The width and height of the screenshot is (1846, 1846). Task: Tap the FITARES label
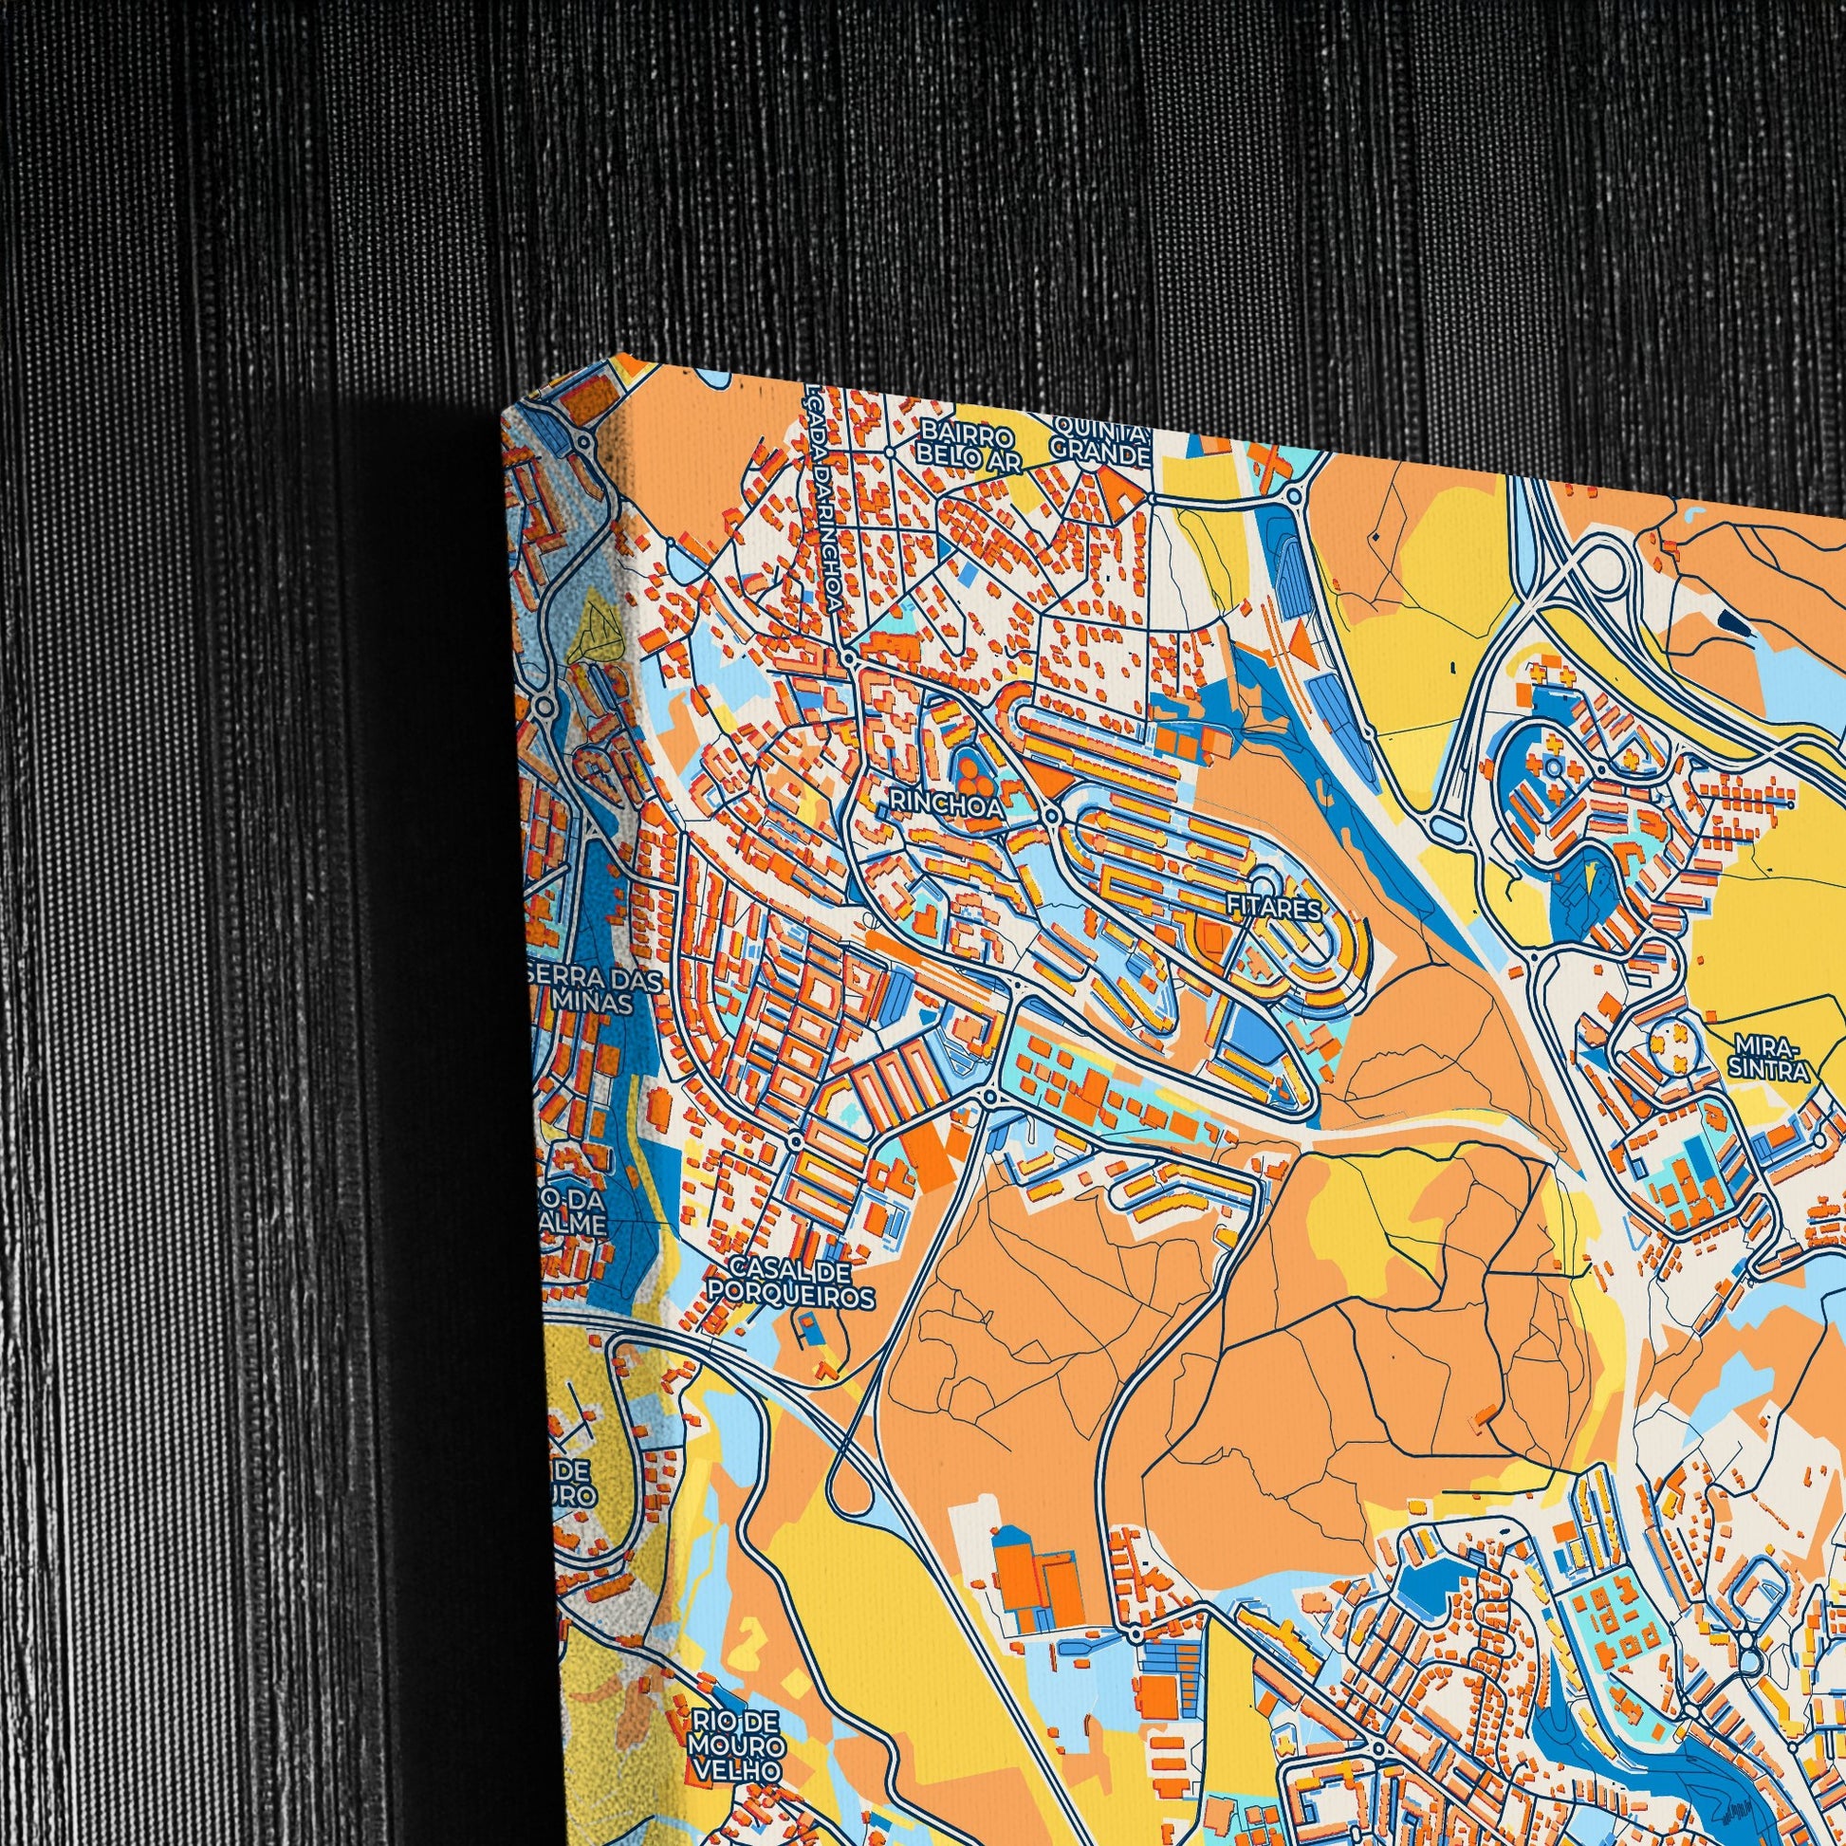pyautogui.click(x=1276, y=909)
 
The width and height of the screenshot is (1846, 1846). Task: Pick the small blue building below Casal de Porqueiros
pyautogui.click(x=810, y=1329)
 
